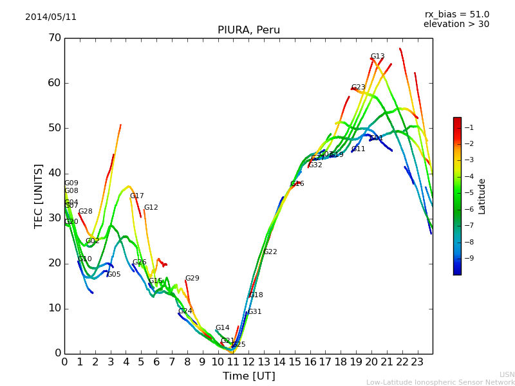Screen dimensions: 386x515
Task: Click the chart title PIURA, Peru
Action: (x=248, y=30)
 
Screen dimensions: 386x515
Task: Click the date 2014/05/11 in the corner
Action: (x=51, y=17)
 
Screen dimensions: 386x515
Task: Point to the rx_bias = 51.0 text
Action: (x=456, y=14)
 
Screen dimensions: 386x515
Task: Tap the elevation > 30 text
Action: (x=456, y=24)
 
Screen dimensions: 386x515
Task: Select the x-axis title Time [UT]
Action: (x=248, y=376)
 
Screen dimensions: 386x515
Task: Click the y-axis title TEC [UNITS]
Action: (x=39, y=196)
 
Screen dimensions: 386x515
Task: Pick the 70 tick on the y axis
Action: (x=54, y=38)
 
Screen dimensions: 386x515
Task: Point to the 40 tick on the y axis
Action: (x=54, y=173)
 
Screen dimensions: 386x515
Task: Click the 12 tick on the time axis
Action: (x=248, y=362)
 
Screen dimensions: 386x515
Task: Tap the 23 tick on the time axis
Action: (x=417, y=362)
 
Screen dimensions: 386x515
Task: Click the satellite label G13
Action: (x=377, y=57)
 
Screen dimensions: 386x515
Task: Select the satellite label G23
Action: (x=358, y=87)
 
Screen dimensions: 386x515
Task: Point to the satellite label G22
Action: (x=270, y=252)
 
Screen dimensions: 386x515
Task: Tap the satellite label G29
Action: (x=192, y=279)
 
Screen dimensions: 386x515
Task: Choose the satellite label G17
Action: (x=136, y=196)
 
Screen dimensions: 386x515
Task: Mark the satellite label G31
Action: (x=254, y=312)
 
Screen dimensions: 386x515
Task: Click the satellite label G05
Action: (x=114, y=275)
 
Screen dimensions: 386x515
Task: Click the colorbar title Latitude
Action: (x=482, y=196)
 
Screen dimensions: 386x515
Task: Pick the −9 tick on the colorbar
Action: (x=469, y=258)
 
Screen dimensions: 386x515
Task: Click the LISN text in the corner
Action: (x=507, y=374)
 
